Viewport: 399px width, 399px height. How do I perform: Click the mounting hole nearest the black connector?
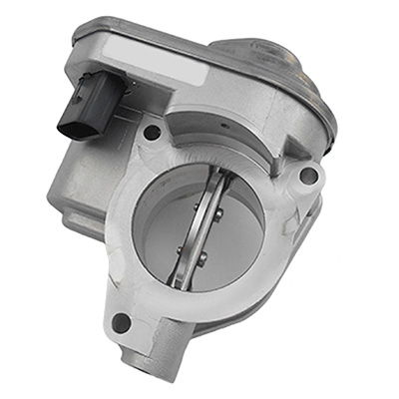point(152,131)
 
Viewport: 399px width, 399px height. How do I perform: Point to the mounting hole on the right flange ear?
point(308,176)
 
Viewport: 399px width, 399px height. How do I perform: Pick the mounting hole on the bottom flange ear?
point(123,322)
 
